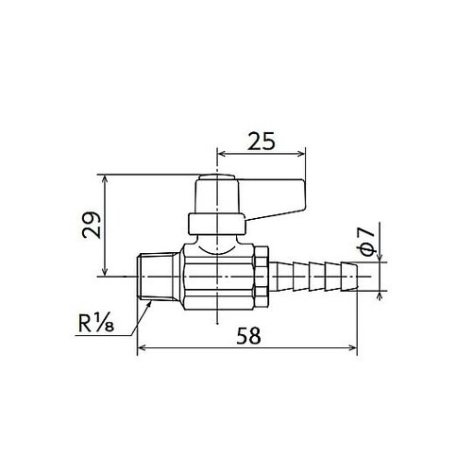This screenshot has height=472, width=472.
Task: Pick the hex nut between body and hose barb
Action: click(261, 276)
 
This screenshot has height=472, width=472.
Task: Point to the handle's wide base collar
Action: click(216, 225)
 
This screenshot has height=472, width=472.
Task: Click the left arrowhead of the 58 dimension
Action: click(143, 348)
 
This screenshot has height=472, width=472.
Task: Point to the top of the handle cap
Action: click(216, 180)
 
